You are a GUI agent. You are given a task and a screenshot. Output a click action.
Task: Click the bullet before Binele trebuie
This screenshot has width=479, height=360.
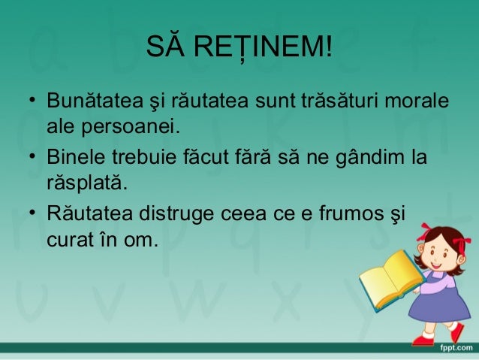click(x=33, y=159)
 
